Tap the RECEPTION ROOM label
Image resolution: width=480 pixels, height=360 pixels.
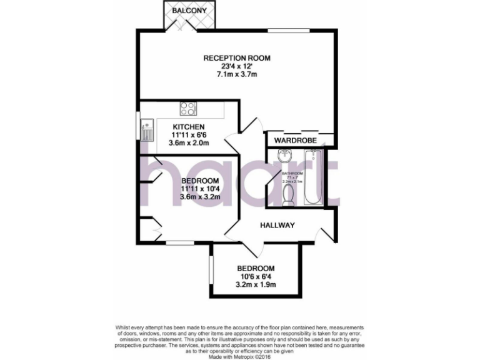[x=237, y=58]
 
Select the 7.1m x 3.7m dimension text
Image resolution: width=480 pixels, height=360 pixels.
[x=237, y=74]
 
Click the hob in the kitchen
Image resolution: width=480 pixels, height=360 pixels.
[x=187, y=109]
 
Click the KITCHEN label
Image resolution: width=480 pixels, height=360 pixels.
[x=189, y=127]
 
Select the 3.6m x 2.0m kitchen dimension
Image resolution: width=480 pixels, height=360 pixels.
[x=189, y=143]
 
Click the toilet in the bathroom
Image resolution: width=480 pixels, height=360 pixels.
[x=289, y=197]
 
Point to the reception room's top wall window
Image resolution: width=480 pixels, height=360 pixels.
[x=289, y=30]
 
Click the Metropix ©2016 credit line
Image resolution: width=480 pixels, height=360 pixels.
[x=240, y=355]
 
